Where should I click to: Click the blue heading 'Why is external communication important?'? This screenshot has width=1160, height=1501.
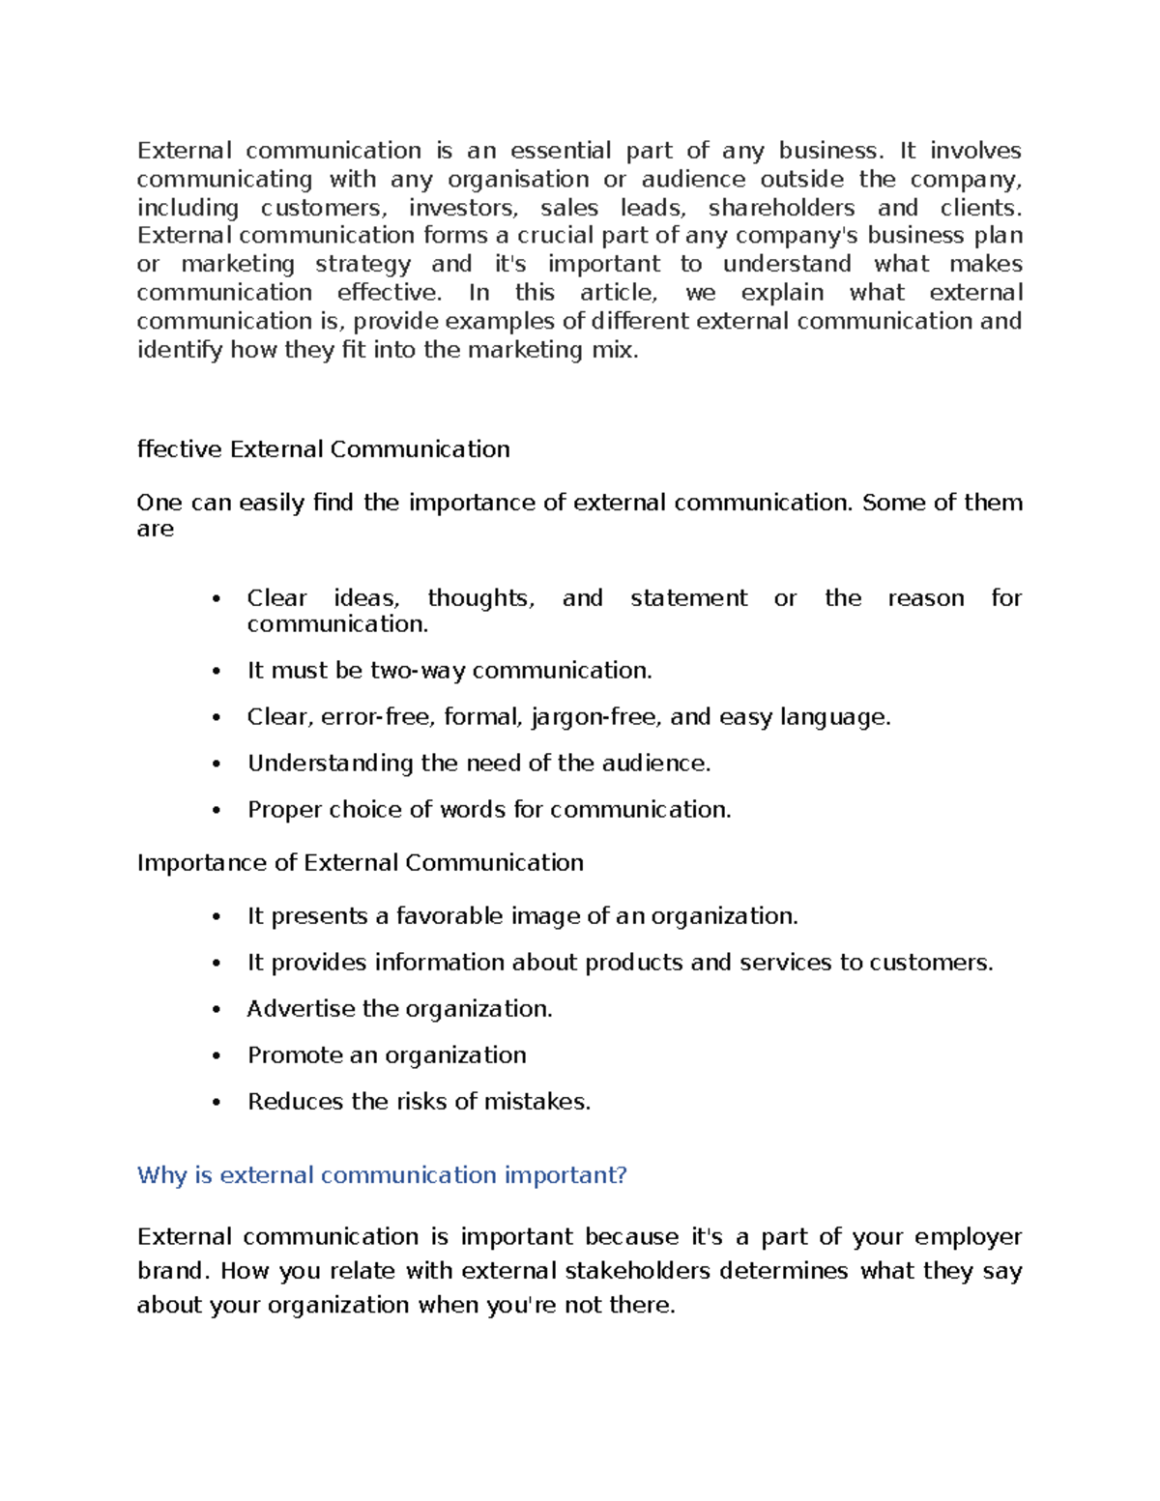[x=382, y=1175]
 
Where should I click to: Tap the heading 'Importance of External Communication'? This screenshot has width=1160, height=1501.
[x=360, y=863]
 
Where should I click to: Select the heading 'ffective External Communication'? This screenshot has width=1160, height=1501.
[x=323, y=449]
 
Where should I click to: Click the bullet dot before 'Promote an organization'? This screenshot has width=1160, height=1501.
[x=217, y=1056]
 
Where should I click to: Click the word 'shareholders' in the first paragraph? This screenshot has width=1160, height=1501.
[x=781, y=208]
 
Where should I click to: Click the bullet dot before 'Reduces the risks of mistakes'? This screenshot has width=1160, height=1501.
[x=217, y=1103]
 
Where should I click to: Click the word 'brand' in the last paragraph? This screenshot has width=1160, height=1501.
[x=170, y=1271]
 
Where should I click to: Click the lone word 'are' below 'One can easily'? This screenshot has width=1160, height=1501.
[x=155, y=530]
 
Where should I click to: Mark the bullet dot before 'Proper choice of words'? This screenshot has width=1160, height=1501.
[x=217, y=811]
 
